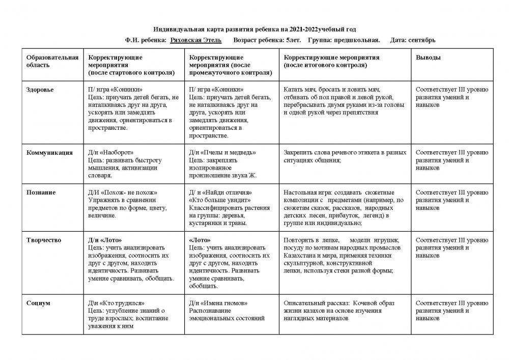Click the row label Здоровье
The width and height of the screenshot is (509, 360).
40,89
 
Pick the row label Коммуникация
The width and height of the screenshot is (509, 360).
49,152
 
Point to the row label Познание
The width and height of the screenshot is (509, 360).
41,192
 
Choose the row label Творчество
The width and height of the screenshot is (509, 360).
44,240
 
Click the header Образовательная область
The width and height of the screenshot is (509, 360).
52,61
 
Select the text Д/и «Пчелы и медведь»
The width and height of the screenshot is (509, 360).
222,152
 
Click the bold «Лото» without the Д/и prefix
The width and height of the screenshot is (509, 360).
200,240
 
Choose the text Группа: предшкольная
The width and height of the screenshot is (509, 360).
344,40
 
